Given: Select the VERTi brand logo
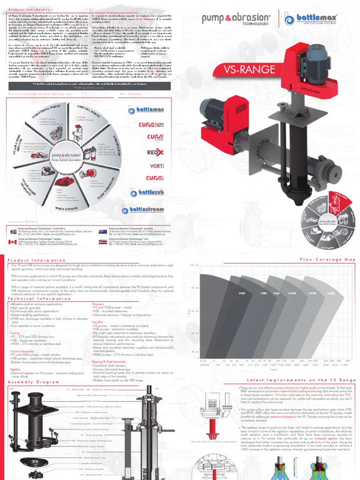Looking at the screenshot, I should coord(157,166).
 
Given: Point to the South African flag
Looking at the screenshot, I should coord(13,231).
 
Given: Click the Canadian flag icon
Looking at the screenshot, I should coord(13,242).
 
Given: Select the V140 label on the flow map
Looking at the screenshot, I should coord(242,293).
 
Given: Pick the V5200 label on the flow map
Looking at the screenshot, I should coord(331,293).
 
